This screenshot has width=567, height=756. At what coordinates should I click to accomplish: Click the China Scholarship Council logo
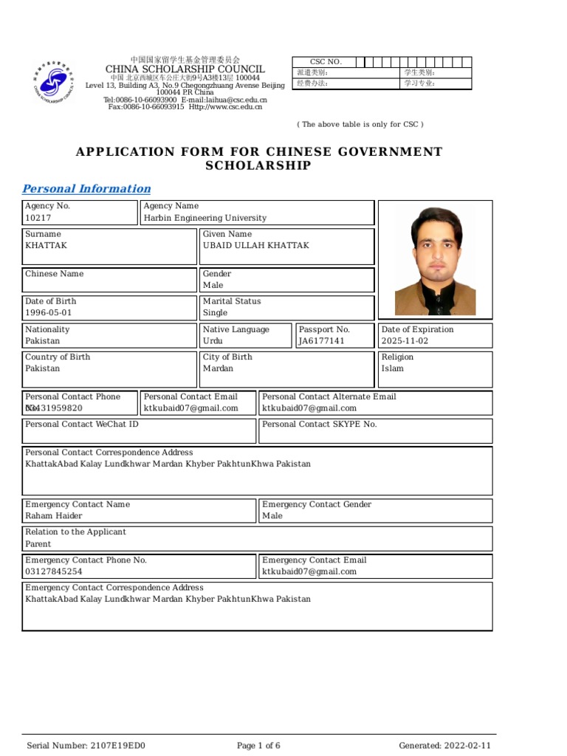coord(52,82)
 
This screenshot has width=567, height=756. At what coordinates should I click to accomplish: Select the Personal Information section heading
coord(86,189)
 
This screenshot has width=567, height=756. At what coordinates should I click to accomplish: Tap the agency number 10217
coord(38,219)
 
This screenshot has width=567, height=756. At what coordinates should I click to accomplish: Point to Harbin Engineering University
coord(205,219)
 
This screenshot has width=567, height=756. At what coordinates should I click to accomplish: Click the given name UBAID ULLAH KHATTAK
coord(256,246)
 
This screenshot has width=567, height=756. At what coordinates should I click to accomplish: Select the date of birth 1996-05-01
coord(49,313)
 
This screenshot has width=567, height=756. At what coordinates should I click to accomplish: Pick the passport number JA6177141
coord(321,341)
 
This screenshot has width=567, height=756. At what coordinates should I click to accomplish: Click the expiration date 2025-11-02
coord(405,341)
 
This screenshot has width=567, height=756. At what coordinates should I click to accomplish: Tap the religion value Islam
coord(393,368)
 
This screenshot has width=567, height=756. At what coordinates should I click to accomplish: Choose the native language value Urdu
coord(213,341)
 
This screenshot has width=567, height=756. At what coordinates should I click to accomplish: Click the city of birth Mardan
coord(218,368)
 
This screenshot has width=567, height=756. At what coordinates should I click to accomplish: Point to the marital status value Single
coord(216,313)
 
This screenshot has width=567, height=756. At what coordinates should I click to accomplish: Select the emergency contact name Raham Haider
coord(54,516)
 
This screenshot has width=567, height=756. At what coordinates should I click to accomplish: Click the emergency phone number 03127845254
coord(54,571)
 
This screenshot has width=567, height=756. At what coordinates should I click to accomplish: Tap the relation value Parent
coord(38,544)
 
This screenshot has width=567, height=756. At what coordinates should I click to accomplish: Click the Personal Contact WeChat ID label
coord(82,425)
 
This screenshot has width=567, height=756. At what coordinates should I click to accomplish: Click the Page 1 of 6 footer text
coord(258,746)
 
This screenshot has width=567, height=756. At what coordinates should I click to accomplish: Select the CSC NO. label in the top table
coord(326,62)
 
